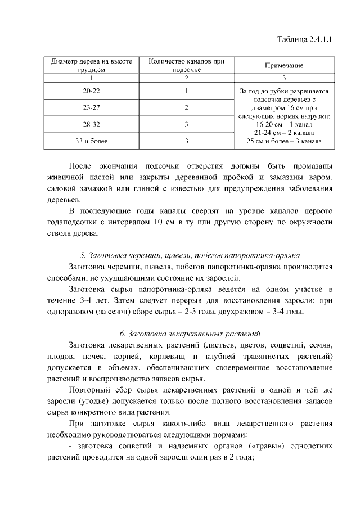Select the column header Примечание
[x=283, y=65]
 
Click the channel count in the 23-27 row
[x=186, y=107]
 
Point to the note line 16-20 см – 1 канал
[x=283, y=124]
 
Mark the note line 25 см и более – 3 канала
[x=284, y=141]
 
